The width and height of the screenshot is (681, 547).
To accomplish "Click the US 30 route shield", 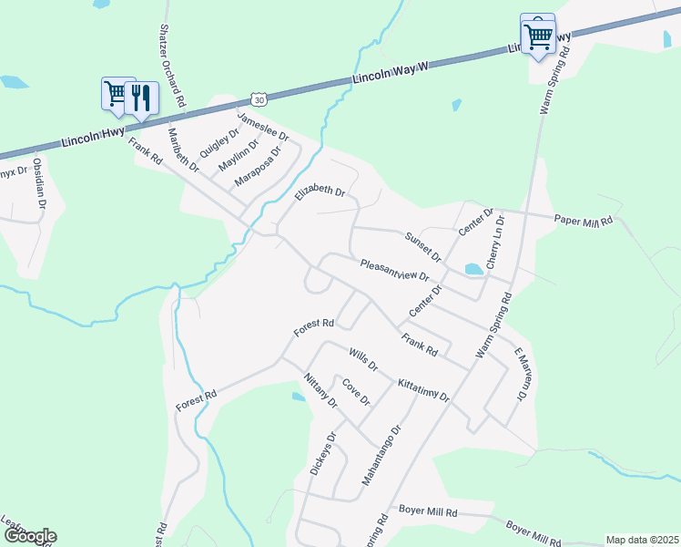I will (x=260, y=98).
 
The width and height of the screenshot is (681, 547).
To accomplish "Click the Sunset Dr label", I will (x=422, y=244).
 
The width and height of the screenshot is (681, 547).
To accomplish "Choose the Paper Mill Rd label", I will (x=584, y=220).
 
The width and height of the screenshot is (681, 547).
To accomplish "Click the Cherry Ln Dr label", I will (x=494, y=243).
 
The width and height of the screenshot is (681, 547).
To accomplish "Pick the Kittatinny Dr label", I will (x=423, y=390).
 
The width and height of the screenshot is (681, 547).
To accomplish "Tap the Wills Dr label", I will (x=362, y=358).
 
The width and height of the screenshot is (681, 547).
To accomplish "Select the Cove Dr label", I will (x=356, y=394).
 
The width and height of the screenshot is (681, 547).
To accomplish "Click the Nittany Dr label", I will (x=320, y=390).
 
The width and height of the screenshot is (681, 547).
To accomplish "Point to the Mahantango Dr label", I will (x=382, y=454).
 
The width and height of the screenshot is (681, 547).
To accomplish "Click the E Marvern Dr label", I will (x=520, y=374).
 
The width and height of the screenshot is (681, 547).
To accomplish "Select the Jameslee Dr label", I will (x=262, y=127).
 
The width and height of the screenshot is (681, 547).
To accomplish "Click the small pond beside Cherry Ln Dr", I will (x=473, y=269).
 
